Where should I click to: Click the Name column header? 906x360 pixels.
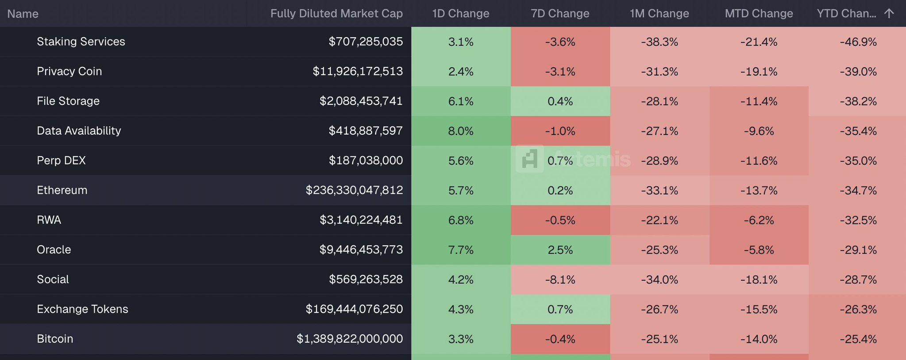click(23, 14)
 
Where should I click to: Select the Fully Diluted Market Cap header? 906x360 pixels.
click(336, 14)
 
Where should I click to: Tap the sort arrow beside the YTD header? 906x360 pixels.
click(889, 13)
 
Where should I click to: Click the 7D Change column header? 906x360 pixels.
click(560, 14)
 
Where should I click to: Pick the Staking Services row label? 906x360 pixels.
click(81, 42)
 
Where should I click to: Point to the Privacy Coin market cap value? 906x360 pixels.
click(358, 71)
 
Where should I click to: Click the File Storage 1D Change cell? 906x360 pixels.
click(461, 101)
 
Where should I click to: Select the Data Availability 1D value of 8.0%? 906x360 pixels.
click(461, 131)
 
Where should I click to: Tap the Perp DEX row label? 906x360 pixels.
click(61, 160)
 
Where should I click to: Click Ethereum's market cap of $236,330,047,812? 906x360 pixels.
click(354, 190)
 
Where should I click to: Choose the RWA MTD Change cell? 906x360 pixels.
click(759, 220)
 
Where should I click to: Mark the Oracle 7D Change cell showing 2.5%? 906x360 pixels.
click(560, 250)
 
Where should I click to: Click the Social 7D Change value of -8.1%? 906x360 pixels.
click(560, 280)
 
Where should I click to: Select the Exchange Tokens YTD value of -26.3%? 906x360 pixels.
click(858, 310)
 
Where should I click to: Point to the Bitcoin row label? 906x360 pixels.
click(55, 339)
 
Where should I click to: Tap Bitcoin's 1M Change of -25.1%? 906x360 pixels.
click(659, 339)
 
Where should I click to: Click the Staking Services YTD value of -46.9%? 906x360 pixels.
click(858, 42)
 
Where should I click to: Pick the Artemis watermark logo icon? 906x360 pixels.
click(529, 159)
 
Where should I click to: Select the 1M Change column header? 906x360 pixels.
click(659, 14)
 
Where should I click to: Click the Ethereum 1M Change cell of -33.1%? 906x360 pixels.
click(659, 190)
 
